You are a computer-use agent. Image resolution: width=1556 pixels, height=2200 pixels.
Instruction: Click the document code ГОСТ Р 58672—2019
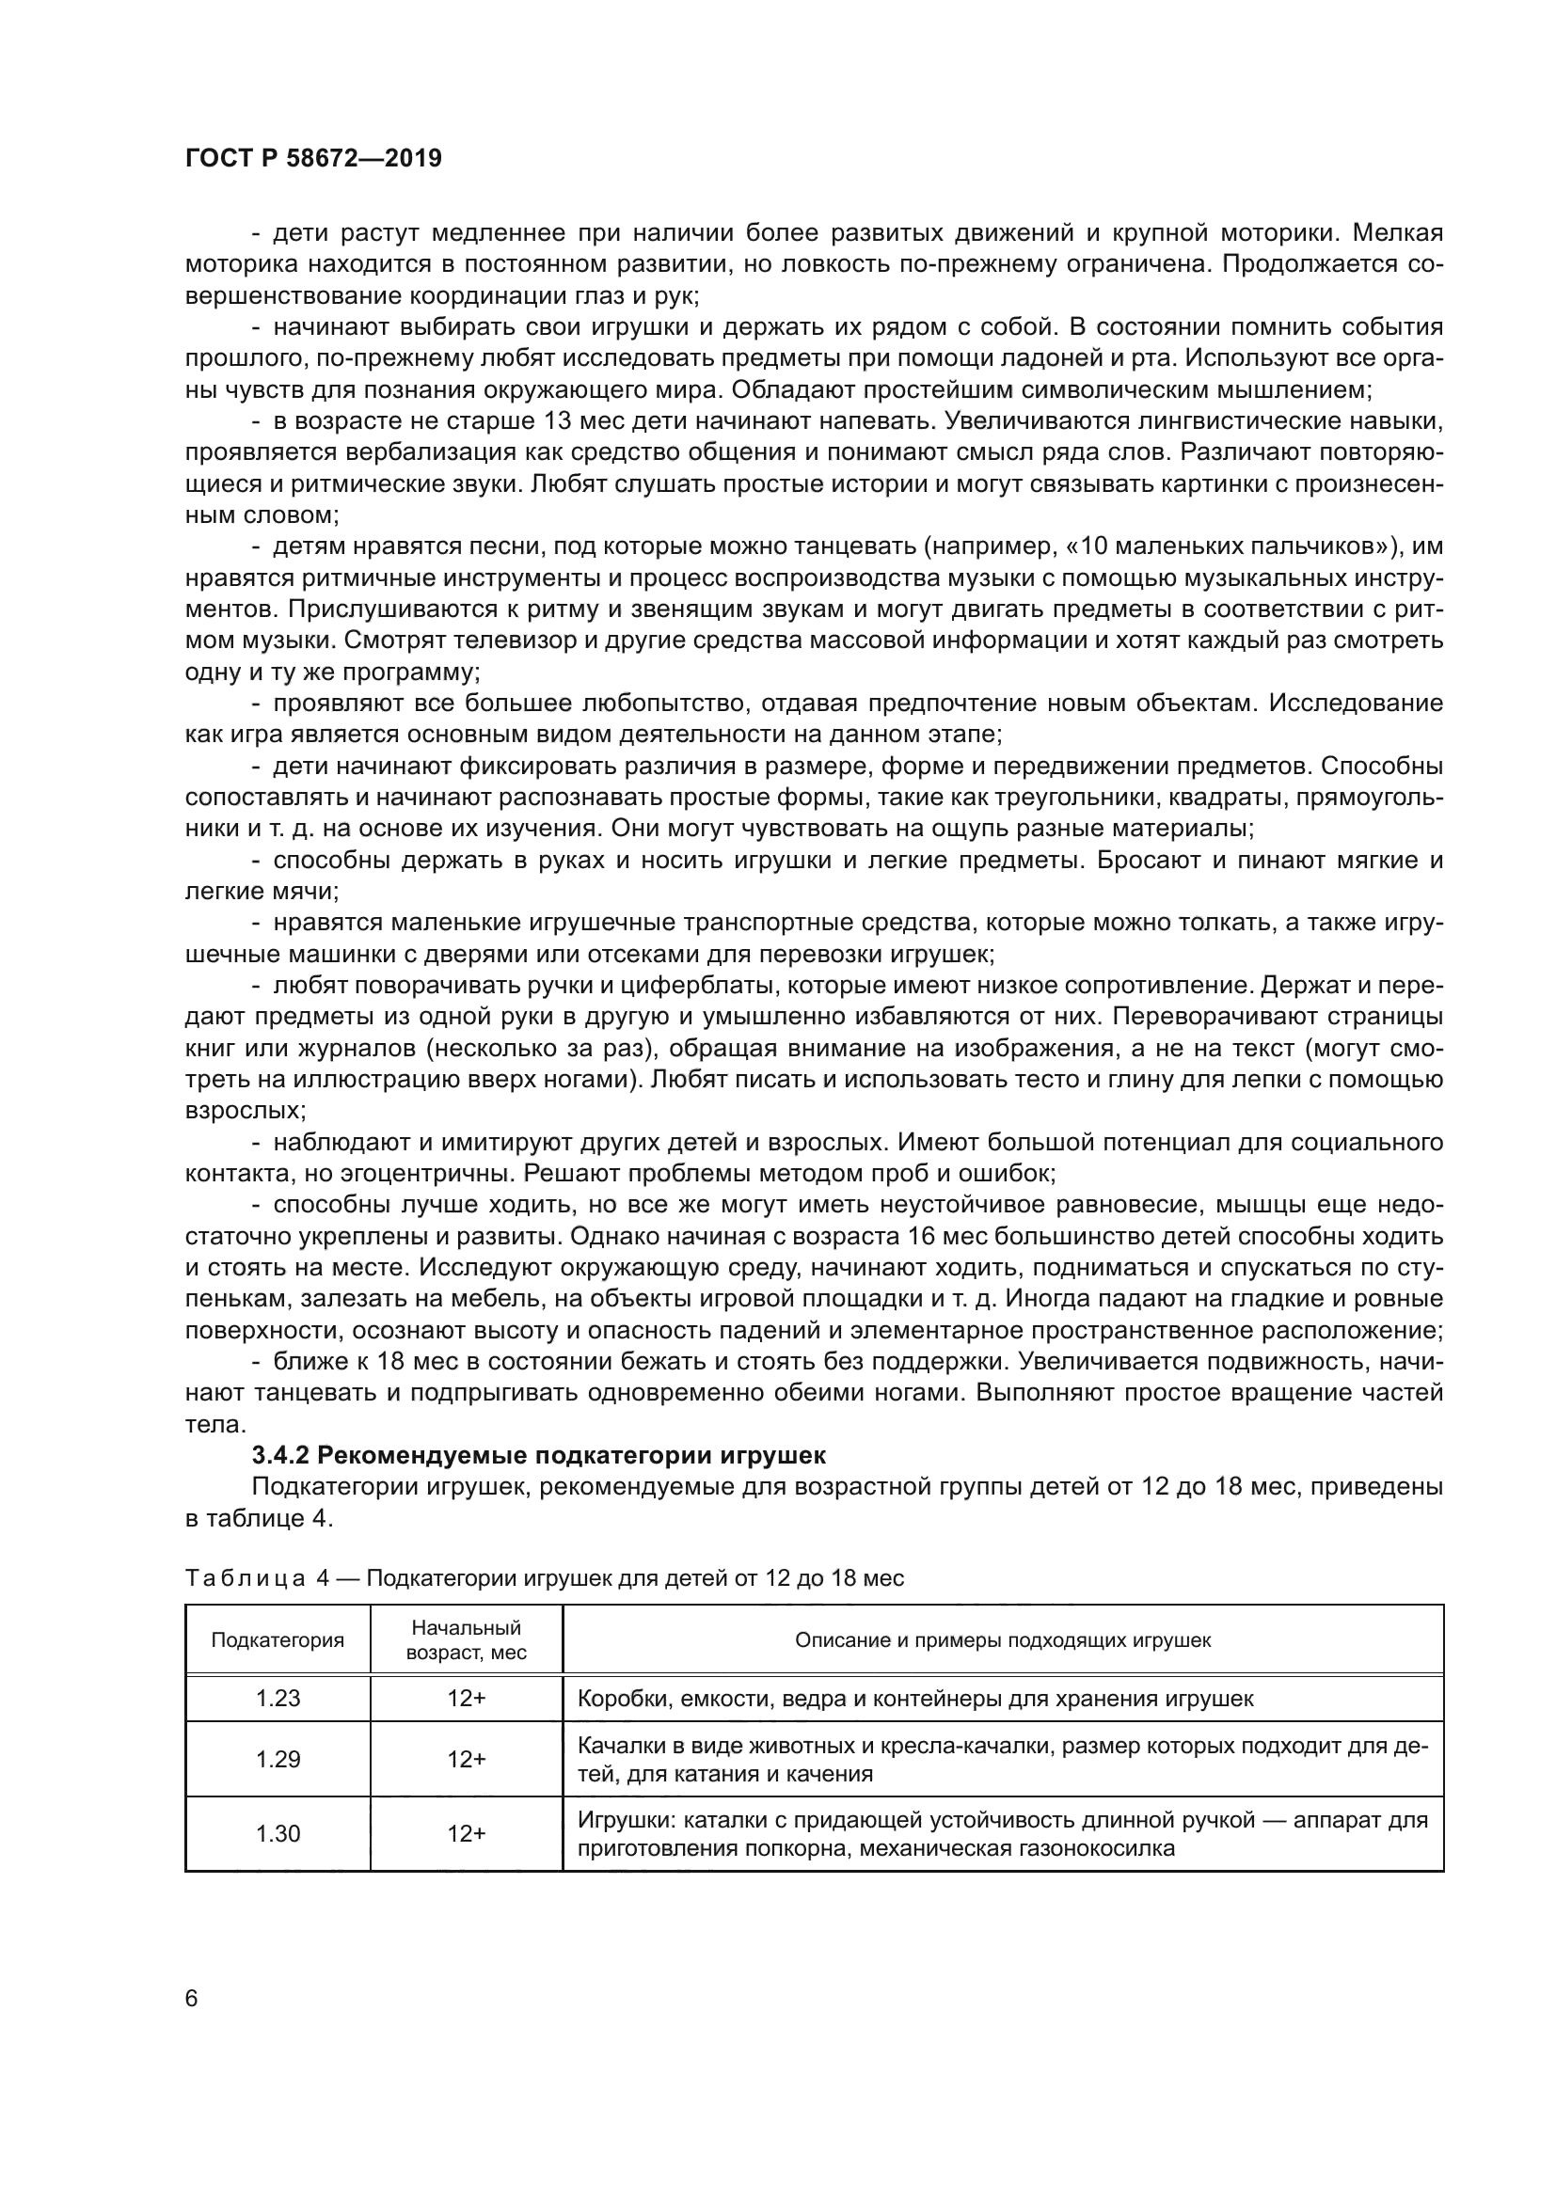click(313, 159)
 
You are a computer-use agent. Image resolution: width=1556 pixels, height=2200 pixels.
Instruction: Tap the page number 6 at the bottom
click(192, 1999)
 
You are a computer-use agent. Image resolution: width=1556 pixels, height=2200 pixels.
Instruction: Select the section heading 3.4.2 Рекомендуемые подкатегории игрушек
click(537, 1455)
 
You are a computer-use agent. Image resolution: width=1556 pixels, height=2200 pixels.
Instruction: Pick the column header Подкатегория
click(278, 1639)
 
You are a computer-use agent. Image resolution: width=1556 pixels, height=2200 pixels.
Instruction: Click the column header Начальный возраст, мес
click(467, 1639)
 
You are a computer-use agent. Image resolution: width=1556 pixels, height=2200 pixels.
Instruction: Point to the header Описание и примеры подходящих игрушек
click(1002, 1639)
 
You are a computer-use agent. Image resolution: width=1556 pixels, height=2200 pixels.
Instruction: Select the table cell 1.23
click(278, 1699)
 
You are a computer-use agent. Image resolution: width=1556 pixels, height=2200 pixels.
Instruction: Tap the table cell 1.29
click(278, 1759)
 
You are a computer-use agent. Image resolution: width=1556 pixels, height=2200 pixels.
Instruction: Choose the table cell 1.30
click(278, 1833)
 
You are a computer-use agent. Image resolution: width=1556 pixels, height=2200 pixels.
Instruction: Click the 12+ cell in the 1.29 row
click(467, 1759)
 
